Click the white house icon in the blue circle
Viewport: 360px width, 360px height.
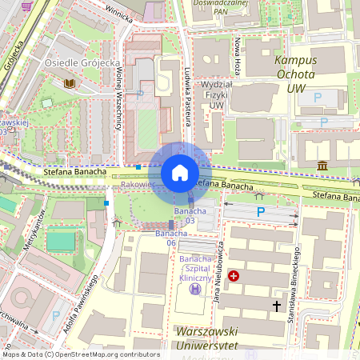[180, 173]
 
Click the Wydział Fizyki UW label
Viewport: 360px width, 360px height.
[215, 94]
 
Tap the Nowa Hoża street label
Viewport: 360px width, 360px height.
[238, 54]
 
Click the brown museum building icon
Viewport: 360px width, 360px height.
[322, 165]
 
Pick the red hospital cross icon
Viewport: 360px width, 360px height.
[234, 276]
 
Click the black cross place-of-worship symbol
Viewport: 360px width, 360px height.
[277, 306]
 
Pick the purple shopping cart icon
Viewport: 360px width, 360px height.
[26, 6]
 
